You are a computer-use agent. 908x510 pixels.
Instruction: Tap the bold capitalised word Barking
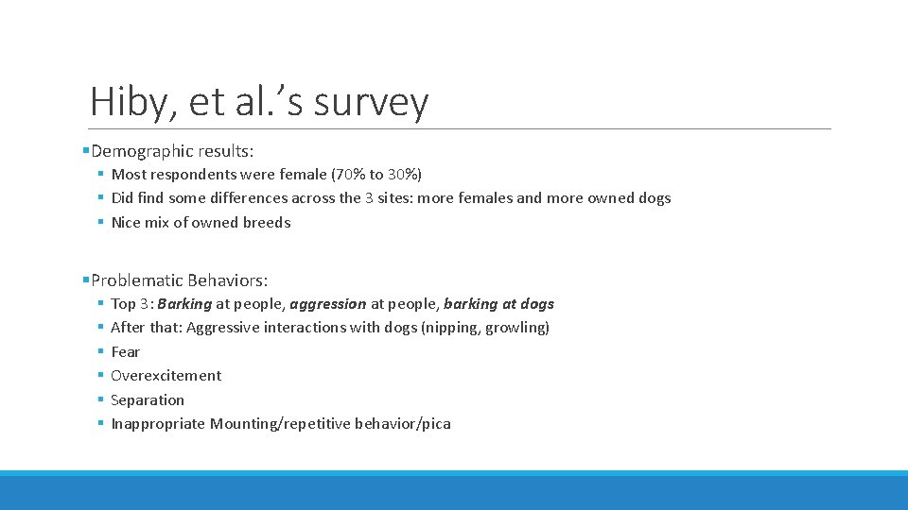pos(184,304)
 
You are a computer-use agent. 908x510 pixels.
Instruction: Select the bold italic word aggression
pos(327,304)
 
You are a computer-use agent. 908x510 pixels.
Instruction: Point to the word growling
pos(516,328)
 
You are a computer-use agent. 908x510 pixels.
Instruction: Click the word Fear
pos(125,352)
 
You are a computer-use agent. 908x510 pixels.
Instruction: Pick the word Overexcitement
pos(166,376)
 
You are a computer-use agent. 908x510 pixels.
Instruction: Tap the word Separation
pos(148,400)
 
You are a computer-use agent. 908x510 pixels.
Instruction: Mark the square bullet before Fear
pos(99,352)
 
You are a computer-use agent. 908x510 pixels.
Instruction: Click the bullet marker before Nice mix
pos(99,223)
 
